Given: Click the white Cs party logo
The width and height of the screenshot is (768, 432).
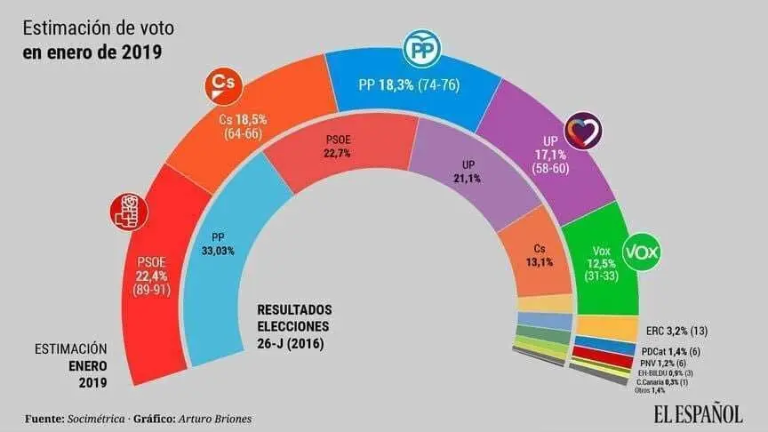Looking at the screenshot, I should (x=220, y=85).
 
